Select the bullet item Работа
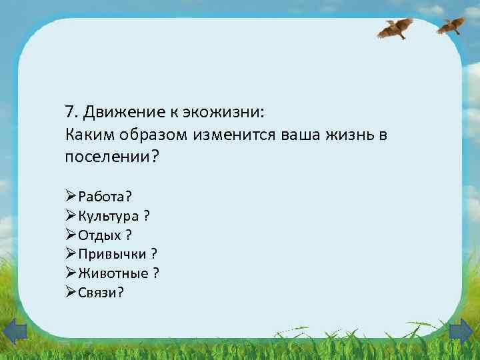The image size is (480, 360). coord(104,196)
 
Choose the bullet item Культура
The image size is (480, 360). coord(109,215)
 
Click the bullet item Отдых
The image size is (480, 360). coord(101,235)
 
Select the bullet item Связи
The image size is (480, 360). coord(98,292)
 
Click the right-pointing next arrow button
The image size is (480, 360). coord(461,331)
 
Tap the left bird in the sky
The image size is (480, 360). coord(396,28)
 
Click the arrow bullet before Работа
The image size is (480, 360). coord(71,196)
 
